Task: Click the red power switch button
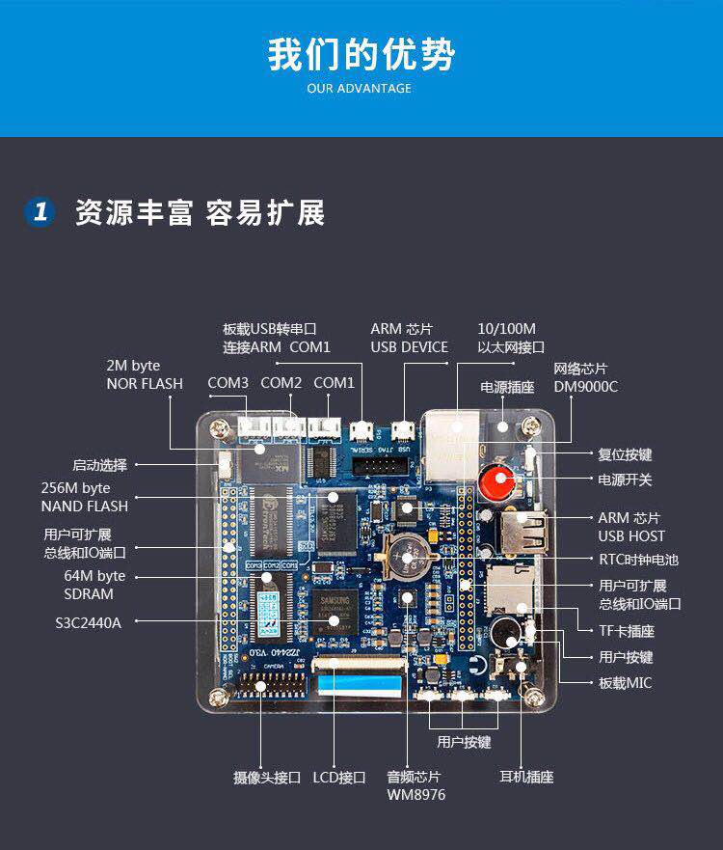click(x=496, y=479)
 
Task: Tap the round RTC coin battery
click(x=409, y=556)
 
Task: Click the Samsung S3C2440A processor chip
click(x=334, y=612)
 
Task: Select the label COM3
click(x=228, y=383)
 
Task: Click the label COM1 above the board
click(x=334, y=383)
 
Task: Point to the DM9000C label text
click(x=586, y=387)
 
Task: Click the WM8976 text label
click(x=416, y=795)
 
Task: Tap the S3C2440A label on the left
click(x=89, y=622)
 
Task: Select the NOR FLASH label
click(x=145, y=384)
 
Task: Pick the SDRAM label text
click(x=89, y=594)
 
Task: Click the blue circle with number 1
click(x=40, y=212)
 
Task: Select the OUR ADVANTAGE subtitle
click(x=360, y=89)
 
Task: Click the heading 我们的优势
click(x=361, y=54)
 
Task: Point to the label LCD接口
click(x=339, y=777)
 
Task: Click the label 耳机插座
click(x=526, y=777)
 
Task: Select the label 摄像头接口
click(x=267, y=777)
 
